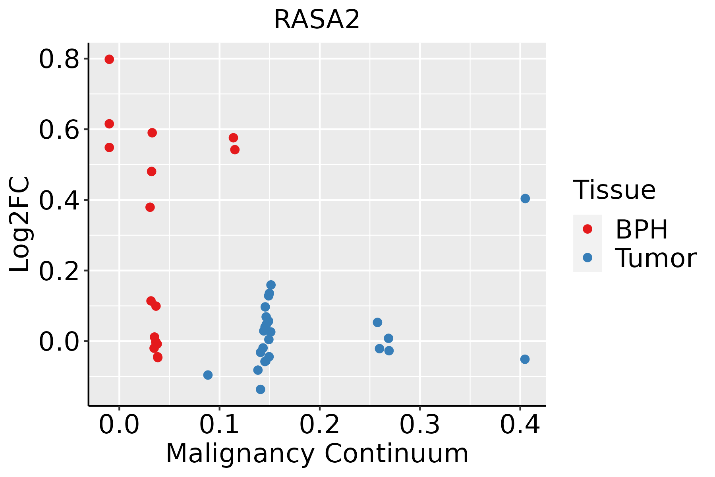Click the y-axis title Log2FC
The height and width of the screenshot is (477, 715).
coord(20,225)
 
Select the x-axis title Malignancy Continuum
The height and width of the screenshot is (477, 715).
coord(317,454)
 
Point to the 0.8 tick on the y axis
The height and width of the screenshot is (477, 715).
coord(59,60)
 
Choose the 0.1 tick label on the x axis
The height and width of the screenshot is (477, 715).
coord(219,425)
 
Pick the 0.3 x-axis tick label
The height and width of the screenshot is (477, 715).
coord(419,425)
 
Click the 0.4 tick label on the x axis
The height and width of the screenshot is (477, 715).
coord(520,425)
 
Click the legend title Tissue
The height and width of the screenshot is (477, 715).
coord(615,190)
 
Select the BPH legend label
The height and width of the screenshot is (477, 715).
coord(642,229)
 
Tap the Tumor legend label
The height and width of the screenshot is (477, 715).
coord(655,258)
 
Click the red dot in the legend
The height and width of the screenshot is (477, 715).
coord(587,229)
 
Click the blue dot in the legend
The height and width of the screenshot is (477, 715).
coord(587,258)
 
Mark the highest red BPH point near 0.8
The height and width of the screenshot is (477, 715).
coord(109,59)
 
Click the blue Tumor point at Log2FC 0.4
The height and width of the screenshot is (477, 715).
coord(525,198)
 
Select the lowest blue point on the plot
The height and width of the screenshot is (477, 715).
coord(261,389)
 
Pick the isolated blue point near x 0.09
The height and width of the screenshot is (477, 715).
coord(208,375)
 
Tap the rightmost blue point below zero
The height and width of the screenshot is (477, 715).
coord(525,359)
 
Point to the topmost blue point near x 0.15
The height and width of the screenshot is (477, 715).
coord(271,285)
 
